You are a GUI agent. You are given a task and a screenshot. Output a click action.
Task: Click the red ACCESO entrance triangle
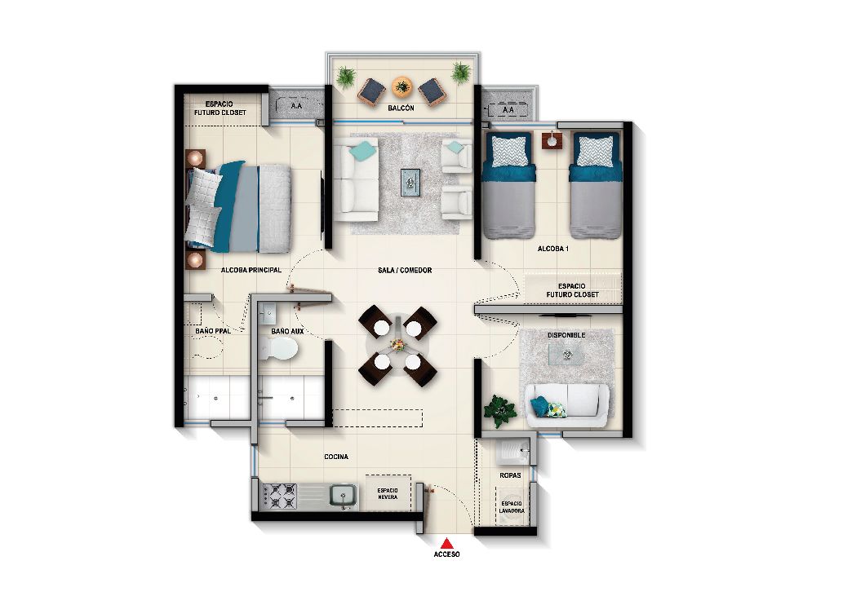click(446, 543)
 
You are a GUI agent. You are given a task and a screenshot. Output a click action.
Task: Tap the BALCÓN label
click(401, 108)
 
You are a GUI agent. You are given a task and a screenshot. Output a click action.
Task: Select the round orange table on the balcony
click(401, 85)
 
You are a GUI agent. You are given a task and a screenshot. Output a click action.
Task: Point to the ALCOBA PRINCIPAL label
click(251, 269)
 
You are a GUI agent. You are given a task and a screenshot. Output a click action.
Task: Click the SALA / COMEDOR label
click(404, 270)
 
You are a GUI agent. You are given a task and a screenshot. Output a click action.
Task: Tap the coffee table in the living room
click(410, 181)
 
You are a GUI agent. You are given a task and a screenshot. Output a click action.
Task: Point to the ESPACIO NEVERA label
click(387, 493)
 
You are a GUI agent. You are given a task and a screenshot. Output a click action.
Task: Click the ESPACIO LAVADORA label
click(512, 507)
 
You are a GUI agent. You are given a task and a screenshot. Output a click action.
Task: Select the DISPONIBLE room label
click(567, 334)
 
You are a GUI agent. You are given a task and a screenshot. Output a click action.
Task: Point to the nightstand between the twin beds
click(552, 141)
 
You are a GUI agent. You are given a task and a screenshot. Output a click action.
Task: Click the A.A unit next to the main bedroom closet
click(294, 105)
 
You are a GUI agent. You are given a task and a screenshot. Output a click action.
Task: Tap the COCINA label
click(335, 457)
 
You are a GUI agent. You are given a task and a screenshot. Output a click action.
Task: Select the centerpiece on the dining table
click(397, 345)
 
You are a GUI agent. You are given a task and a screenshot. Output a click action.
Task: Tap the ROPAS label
click(510, 475)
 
